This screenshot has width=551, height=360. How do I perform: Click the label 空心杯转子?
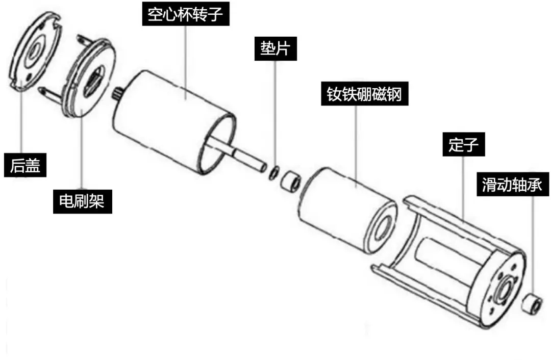185,14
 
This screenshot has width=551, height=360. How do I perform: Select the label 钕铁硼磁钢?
365,93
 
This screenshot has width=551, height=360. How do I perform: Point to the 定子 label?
463,146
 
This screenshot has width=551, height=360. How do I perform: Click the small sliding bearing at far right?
533,303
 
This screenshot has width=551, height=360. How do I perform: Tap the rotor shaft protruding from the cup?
245,158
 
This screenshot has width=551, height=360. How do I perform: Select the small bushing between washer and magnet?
291,178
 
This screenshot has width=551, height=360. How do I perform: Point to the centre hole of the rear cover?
35,50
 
